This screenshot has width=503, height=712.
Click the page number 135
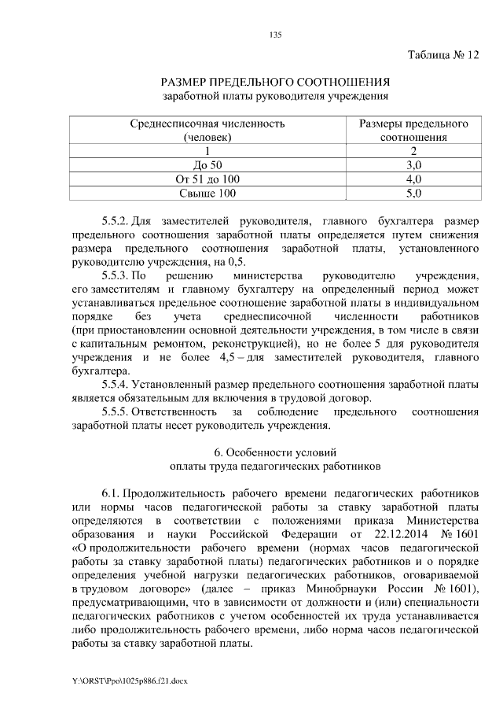[x=274, y=35]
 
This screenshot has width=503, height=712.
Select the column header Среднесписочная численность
[x=207, y=124]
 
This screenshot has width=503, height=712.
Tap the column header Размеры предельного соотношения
[x=413, y=124]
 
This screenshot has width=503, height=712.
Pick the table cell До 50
[x=207, y=164]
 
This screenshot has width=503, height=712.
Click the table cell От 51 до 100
[x=207, y=179]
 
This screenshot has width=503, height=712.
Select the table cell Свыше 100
[x=207, y=193]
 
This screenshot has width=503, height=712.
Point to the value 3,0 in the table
[x=413, y=164]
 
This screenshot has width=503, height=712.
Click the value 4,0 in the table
[x=413, y=179]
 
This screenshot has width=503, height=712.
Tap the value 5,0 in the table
[x=413, y=193]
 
